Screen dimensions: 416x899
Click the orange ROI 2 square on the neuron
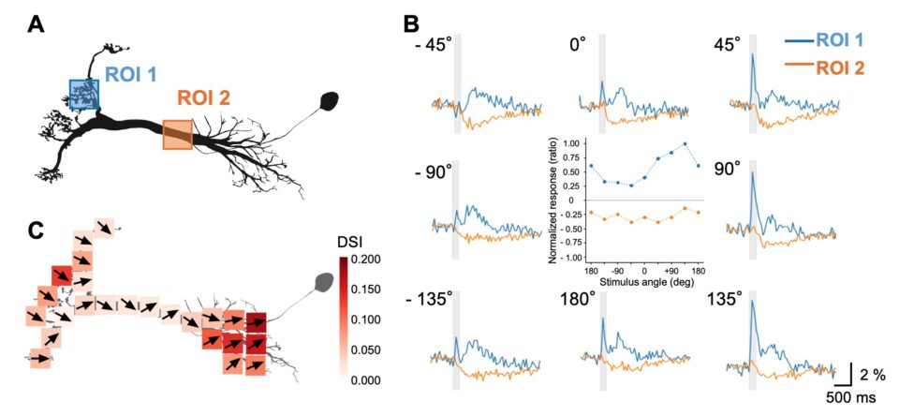pyautogui.click(x=177, y=134)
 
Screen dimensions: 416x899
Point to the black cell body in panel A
pyautogui.click(x=331, y=100)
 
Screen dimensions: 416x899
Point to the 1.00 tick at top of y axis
pyautogui.click(x=568, y=143)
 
